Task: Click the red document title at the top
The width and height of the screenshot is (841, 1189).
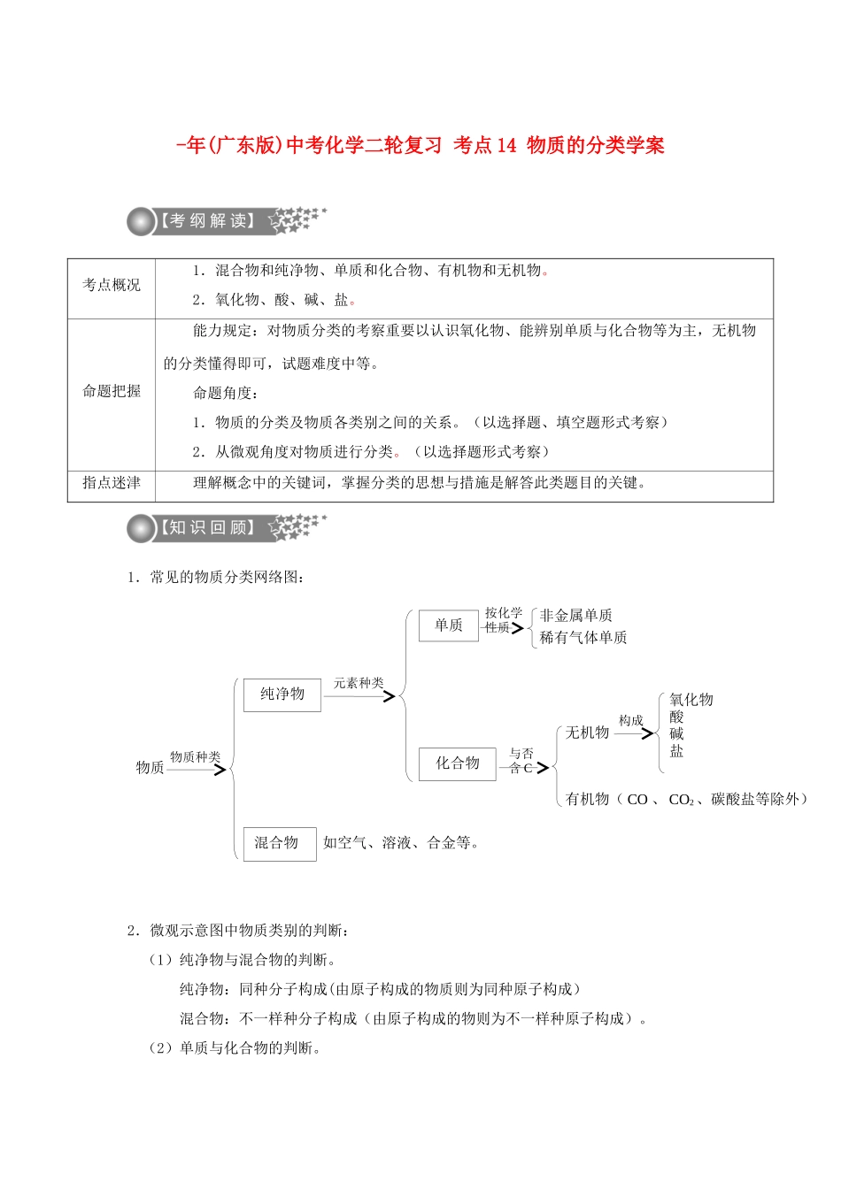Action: tap(420, 145)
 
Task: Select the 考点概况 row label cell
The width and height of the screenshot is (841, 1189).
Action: tap(112, 285)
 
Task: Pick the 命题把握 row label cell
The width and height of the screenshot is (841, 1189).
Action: tap(112, 391)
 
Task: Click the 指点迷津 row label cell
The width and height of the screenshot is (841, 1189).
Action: tap(112, 483)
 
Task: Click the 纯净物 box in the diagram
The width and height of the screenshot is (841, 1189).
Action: tap(282, 694)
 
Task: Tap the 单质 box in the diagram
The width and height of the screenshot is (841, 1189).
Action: tap(448, 625)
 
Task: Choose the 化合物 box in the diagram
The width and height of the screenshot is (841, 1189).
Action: tap(457, 763)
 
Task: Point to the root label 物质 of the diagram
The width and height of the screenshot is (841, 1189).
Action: tap(150, 767)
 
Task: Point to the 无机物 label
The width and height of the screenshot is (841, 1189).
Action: tap(587, 733)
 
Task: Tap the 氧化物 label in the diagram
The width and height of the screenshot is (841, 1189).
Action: tap(691, 700)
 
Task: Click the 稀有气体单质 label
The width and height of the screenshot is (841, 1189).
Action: tap(583, 638)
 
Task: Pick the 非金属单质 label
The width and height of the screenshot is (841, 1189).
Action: tap(576, 616)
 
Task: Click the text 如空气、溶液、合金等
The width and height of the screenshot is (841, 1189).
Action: tap(400, 843)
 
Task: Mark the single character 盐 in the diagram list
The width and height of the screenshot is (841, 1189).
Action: tap(676, 751)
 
